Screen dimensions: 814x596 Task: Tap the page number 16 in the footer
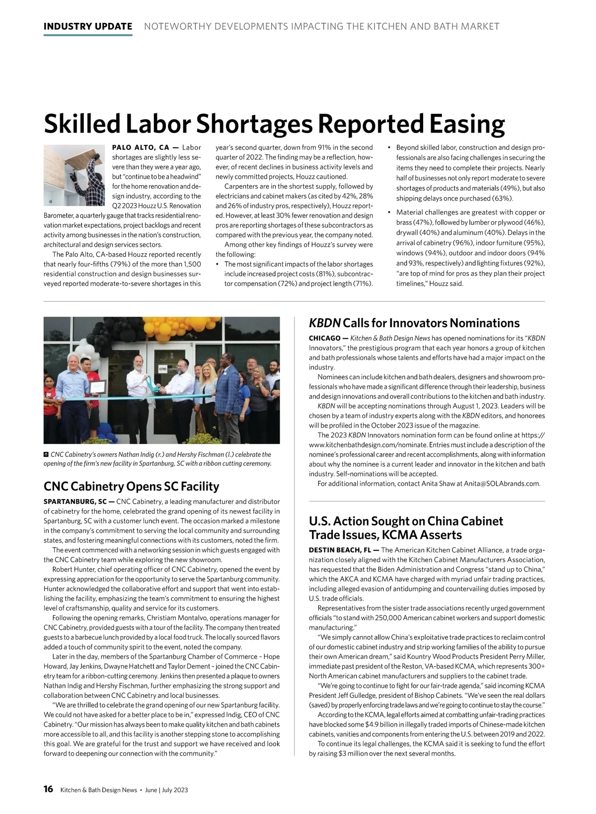pyautogui.click(x=48, y=789)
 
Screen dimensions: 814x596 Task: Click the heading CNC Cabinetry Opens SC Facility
pyautogui.click(x=131, y=486)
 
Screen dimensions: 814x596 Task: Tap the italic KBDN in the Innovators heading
pyautogui.click(x=325, y=323)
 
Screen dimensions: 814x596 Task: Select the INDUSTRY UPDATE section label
pyautogui.click(x=88, y=26)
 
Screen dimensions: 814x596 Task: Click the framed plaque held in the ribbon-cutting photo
pyautogui.click(x=98, y=387)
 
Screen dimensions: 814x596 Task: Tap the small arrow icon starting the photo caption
pyautogui.click(x=46, y=454)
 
